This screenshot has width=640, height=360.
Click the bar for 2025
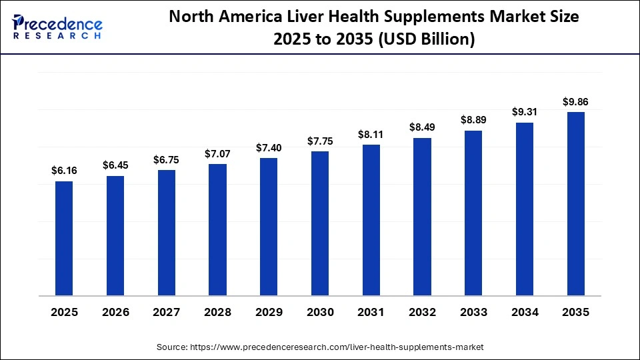64,238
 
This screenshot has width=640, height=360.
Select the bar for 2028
217,229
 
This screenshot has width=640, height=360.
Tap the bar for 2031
371,219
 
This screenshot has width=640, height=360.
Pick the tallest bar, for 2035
575,203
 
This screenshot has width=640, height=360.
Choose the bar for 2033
473,213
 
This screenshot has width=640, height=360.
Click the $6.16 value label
64,171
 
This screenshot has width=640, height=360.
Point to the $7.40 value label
269,147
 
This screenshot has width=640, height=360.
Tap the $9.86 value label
575,102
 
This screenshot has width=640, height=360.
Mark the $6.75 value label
167,159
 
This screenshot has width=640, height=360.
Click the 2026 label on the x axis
115,312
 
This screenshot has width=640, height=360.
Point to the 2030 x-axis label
320,312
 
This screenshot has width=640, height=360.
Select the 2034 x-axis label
524,312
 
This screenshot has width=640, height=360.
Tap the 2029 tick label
269,312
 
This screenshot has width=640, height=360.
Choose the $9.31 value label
524,112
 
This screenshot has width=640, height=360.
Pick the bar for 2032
422,216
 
